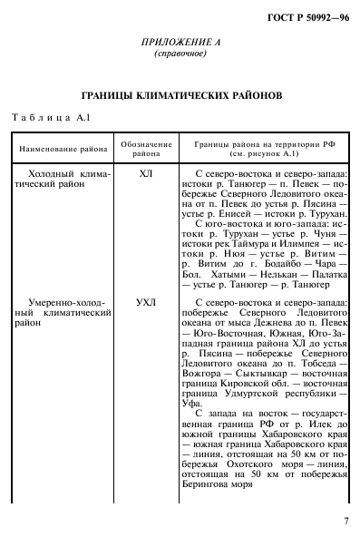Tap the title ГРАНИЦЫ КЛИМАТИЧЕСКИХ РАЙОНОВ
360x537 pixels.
180,95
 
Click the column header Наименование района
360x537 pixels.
61,148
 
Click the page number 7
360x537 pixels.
346,520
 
